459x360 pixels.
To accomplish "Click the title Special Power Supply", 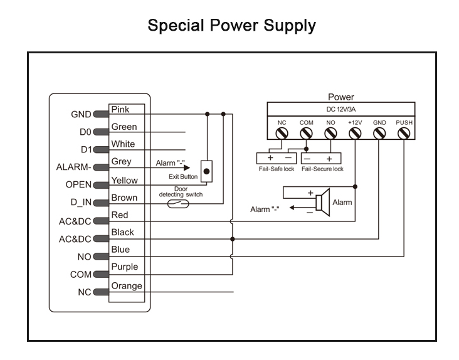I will [231, 26].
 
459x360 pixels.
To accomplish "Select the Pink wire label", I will [120, 110].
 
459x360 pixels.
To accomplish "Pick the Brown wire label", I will [124, 198].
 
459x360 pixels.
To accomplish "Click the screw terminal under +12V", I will [354, 134].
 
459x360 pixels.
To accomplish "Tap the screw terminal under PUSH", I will [403, 134].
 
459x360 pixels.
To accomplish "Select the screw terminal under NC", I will [282, 134].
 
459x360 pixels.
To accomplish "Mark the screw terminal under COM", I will [306, 134].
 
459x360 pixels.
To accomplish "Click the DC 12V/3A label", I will [340, 109].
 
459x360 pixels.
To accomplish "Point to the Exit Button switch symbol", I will [206, 171].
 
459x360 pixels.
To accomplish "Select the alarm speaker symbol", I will [322, 202].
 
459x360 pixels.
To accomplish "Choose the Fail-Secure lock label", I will [322, 169].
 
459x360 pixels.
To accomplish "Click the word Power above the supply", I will [340, 97].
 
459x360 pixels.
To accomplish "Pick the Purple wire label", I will [124, 267].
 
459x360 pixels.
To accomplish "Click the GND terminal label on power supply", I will [379, 122].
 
